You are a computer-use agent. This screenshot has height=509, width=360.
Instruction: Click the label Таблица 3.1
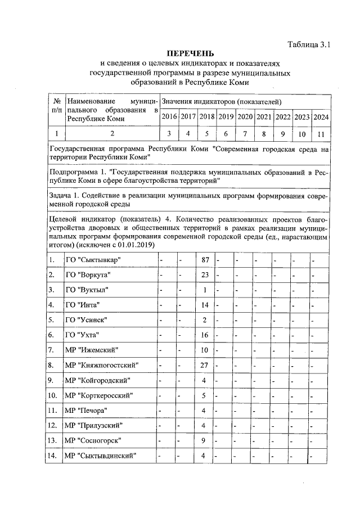click(308, 44)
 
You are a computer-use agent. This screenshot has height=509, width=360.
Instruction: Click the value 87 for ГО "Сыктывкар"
click(205, 260)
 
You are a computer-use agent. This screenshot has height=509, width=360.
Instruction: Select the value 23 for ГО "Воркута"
click(205, 275)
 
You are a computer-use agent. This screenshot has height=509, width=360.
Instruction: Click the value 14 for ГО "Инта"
click(205, 305)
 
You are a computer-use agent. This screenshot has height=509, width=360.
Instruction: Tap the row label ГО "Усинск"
click(86, 320)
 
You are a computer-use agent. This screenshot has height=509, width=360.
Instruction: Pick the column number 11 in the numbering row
click(321, 134)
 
